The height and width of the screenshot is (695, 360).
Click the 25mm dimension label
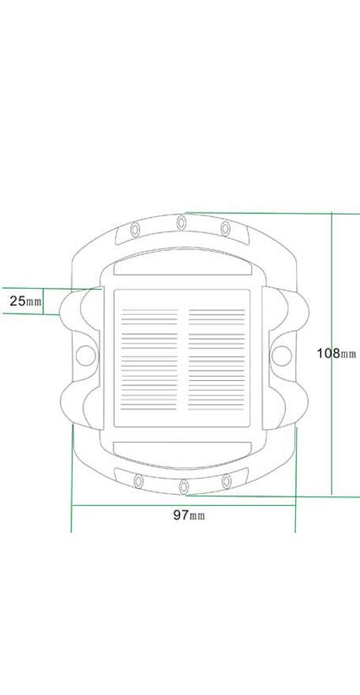pyautogui.click(x=25, y=302)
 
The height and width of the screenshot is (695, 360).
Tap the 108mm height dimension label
pyautogui.click(x=336, y=353)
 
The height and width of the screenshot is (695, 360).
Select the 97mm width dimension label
pyautogui.click(x=189, y=515)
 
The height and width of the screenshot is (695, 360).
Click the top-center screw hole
pyautogui.click(x=181, y=222)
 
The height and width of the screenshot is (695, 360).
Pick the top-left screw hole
pyautogui.click(x=135, y=229)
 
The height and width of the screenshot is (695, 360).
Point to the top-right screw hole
pyautogui.click(x=225, y=229)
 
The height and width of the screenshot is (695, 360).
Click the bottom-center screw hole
pyautogui.click(x=184, y=487)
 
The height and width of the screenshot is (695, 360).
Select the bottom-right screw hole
pyautogui.click(x=226, y=481)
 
